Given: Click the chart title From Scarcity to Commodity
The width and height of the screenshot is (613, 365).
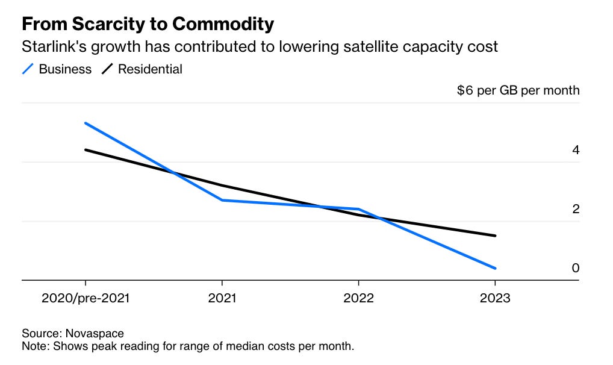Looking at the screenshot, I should pyautogui.click(x=148, y=24).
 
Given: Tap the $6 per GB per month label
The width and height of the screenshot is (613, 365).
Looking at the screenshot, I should pyautogui.click(x=518, y=90).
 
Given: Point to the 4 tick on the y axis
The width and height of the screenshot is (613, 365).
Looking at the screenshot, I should pyautogui.click(x=576, y=150).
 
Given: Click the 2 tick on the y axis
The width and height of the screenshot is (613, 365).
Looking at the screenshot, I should pyautogui.click(x=576, y=209).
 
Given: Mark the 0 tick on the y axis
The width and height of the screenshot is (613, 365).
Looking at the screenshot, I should pyautogui.click(x=576, y=268).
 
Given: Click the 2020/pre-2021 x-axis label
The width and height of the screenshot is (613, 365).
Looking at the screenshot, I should pyautogui.click(x=86, y=298).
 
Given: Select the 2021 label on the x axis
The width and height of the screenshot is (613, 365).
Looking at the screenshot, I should pyautogui.click(x=222, y=298).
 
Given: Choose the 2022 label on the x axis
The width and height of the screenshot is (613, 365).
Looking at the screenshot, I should pyautogui.click(x=359, y=298).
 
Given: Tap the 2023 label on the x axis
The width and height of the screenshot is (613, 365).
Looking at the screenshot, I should pyautogui.click(x=495, y=298).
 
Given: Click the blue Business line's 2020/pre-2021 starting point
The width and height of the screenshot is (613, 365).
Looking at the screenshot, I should pyautogui.click(x=86, y=123).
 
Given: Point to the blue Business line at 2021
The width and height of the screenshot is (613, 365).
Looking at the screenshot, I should pyautogui.click(x=222, y=200).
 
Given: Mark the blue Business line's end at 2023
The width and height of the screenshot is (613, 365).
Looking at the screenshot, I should pyautogui.click(x=495, y=268).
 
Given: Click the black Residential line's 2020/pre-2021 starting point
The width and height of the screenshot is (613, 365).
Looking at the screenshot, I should pyautogui.click(x=86, y=149).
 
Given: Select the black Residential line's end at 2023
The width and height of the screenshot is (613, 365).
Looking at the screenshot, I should pyautogui.click(x=495, y=236).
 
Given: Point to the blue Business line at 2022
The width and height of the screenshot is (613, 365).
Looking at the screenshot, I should pyautogui.click(x=359, y=209).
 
